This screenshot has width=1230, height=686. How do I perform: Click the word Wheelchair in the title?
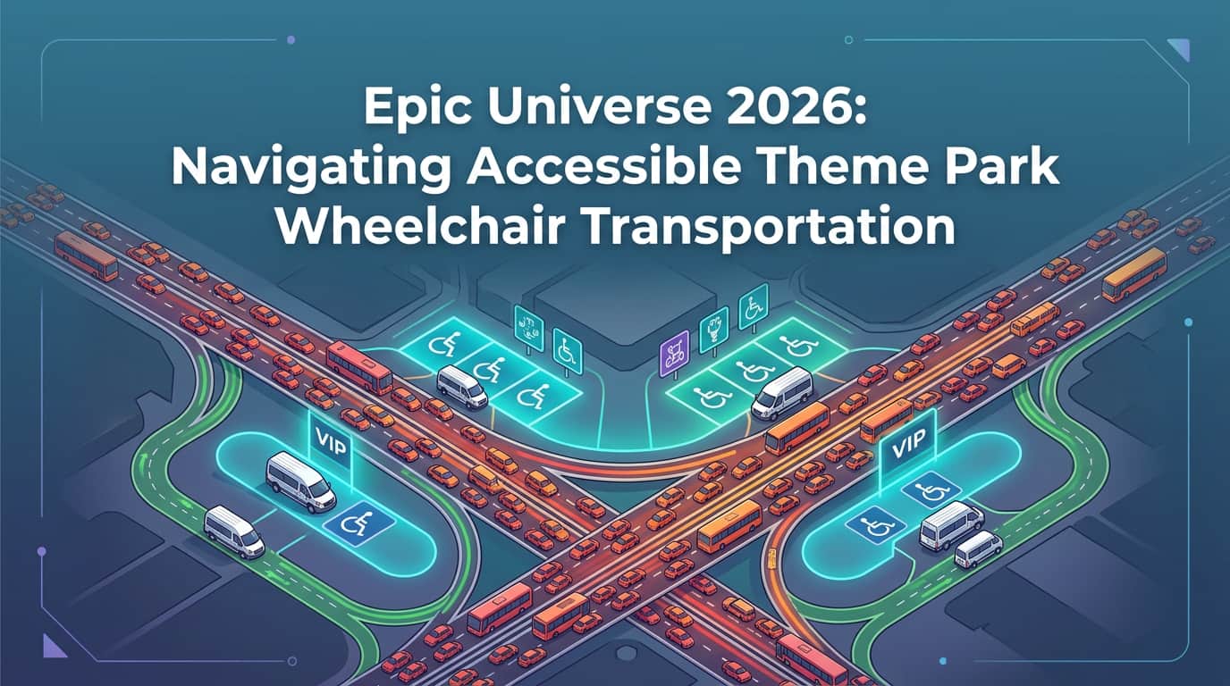coord(409,225)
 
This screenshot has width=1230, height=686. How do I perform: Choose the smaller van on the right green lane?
coord(979,548)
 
